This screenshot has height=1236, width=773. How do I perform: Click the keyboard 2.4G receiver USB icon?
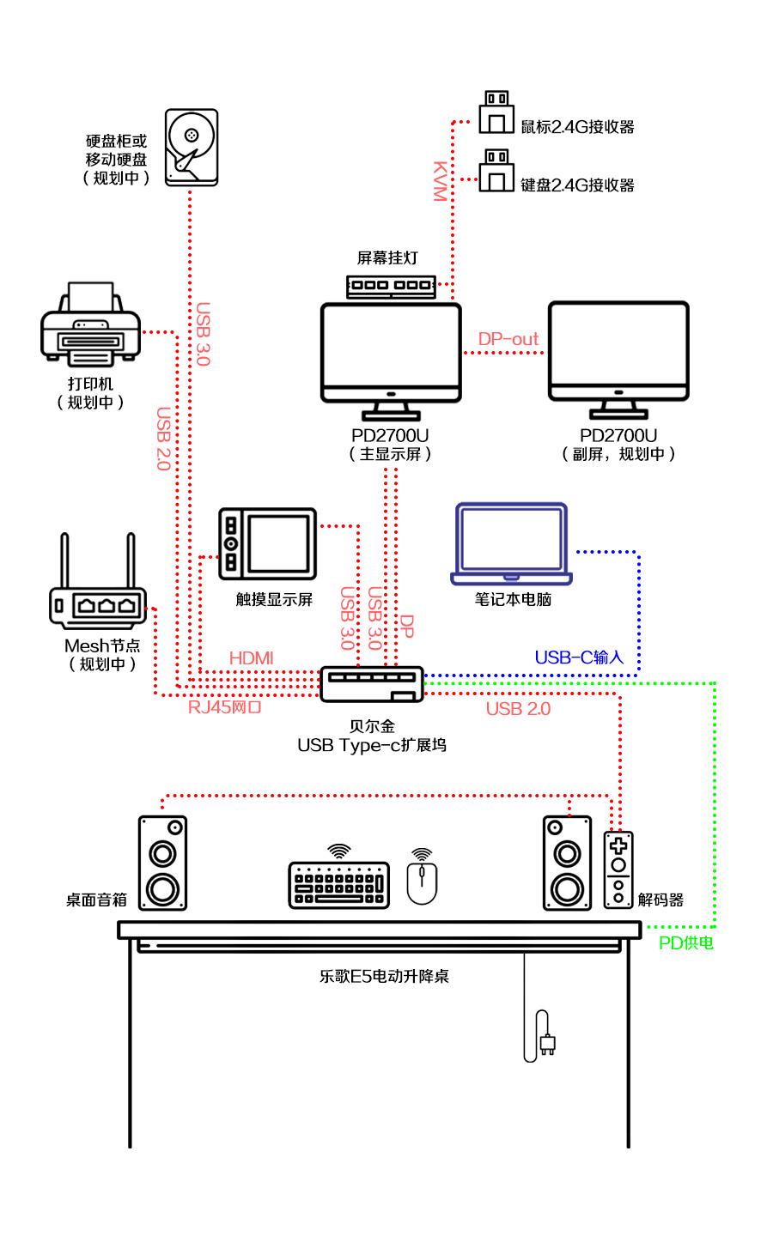point(496,172)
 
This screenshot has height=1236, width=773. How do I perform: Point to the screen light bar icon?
point(392,285)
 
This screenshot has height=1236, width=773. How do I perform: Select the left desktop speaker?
point(162,863)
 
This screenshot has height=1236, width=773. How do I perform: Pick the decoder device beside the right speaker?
point(618,869)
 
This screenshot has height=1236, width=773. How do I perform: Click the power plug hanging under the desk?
point(547,1043)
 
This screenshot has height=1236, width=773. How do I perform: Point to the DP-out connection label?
point(508,339)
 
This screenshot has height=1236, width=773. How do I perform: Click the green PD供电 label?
point(686,943)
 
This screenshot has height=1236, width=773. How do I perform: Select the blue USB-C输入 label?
point(579,657)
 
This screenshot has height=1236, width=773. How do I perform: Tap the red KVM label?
point(439,180)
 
